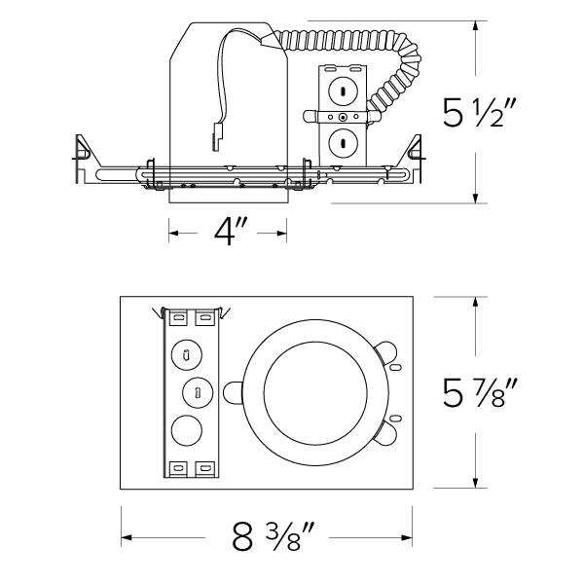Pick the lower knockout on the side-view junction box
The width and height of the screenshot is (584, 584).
[x=343, y=143]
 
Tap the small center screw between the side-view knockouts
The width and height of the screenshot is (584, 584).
[x=343, y=120]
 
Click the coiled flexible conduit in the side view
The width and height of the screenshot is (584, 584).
[x=389, y=68]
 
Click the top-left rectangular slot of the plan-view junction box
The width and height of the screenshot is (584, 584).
[x=178, y=317]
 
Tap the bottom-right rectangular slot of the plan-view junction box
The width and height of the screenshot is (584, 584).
[x=204, y=469]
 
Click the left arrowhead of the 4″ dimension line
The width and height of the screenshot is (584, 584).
[x=173, y=232]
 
